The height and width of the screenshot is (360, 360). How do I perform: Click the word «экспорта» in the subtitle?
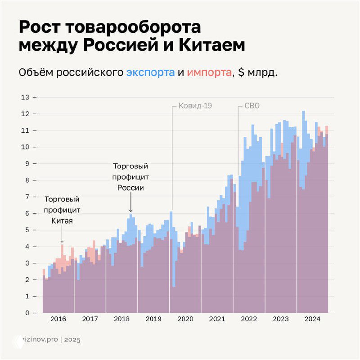tap(150, 72)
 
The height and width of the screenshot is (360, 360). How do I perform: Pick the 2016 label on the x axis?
tap(58, 319)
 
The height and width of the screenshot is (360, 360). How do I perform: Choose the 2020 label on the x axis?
tap(185, 319)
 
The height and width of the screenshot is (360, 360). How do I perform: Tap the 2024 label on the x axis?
tap(312, 319)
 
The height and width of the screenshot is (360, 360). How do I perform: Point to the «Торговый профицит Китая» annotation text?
tap(62, 210)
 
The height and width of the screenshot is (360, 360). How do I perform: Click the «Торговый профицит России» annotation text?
tap(130, 177)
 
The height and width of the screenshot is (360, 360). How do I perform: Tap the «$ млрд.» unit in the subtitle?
tap(258, 72)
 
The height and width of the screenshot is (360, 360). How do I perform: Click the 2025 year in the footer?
tap(72, 340)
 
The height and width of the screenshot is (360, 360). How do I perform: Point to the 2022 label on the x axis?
tap(249, 319)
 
